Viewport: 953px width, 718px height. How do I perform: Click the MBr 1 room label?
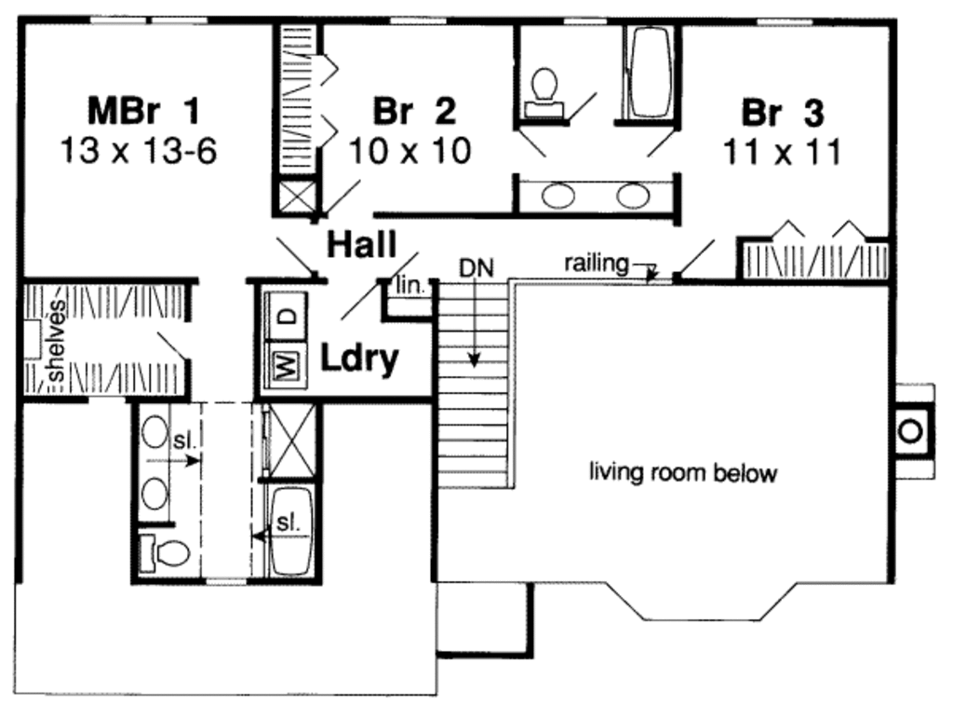tap(143, 112)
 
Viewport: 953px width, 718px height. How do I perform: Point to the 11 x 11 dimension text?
tap(782, 151)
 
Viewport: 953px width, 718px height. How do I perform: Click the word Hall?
tap(361, 245)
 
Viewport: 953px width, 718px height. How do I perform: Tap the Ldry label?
tap(360, 358)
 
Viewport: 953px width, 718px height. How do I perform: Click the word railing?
tap(596, 264)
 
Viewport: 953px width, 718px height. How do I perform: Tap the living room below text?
tap(682, 473)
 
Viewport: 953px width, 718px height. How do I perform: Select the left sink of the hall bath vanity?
tap(557, 196)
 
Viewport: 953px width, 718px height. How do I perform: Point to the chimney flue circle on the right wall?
tap(911, 430)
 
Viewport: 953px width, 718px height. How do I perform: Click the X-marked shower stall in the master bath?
tap(292, 440)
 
